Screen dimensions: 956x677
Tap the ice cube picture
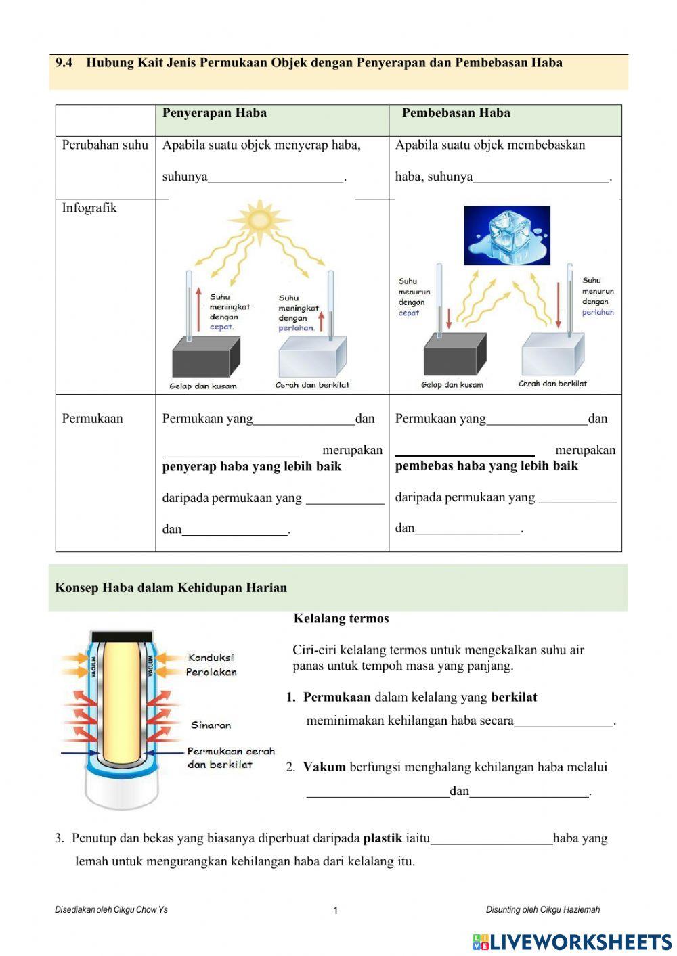(x=506, y=235)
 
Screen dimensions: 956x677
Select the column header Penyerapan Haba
(x=215, y=113)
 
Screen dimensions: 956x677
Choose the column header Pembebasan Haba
(x=456, y=113)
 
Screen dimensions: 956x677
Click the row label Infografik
(x=89, y=208)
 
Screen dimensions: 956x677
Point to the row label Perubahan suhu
(x=105, y=145)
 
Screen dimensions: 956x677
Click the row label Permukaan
(x=92, y=418)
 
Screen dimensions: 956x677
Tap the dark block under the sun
(x=205, y=357)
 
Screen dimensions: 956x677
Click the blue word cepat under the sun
(x=221, y=327)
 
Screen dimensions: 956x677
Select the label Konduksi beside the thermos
(x=211, y=658)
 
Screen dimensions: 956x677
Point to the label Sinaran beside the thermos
(x=211, y=725)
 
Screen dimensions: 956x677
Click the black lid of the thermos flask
(x=122, y=636)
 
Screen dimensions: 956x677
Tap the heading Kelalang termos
(x=341, y=618)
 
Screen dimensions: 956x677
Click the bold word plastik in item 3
(x=383, y=838)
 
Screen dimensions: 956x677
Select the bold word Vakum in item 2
(x=324, y=767)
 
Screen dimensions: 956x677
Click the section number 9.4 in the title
(x=64, y=63)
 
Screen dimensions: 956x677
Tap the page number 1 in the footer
(x=335, y=911)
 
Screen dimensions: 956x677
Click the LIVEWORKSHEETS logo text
(x=580, y=942)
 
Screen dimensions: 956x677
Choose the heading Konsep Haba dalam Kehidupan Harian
(x=171, y=587)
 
